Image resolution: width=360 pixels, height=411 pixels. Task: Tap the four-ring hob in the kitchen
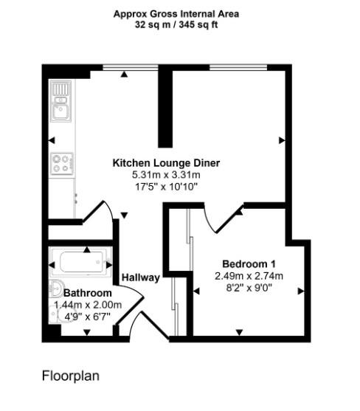point(60,162)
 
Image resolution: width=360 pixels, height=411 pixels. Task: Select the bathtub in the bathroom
point(80,262)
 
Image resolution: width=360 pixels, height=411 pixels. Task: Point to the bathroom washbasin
point(54,289)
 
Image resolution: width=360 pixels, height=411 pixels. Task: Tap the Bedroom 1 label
point(249,264)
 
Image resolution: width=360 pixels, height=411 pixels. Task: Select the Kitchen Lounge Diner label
point(166,163)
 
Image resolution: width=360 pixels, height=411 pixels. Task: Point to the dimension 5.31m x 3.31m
point(166,175)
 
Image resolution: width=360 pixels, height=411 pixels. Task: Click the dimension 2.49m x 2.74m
point(249,276)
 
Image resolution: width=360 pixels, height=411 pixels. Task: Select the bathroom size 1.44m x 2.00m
point(88,305)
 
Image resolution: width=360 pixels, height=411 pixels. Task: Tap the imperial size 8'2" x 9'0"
point(249,288)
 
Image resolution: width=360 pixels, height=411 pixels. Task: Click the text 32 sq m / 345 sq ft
point(176,24)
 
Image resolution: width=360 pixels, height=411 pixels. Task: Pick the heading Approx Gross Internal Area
point(176,13)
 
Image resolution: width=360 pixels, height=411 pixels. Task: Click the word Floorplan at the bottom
point(70,376)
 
